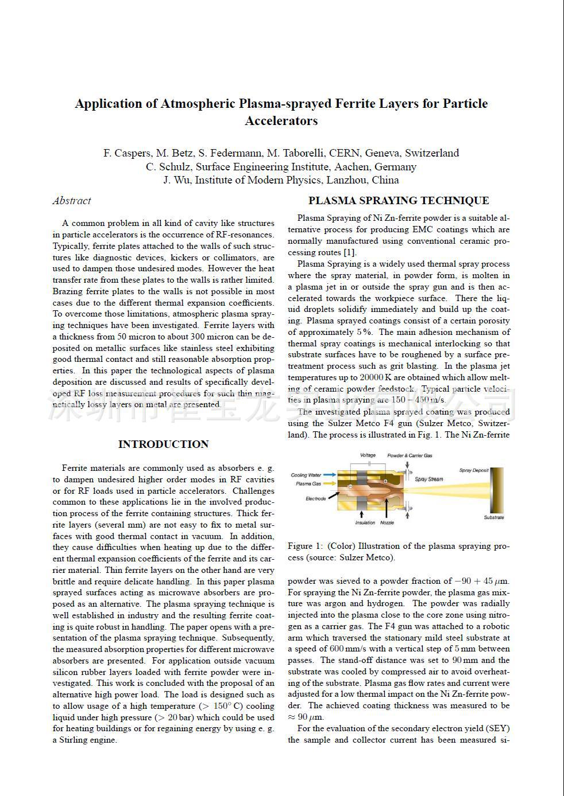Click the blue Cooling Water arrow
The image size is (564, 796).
pos(330,475)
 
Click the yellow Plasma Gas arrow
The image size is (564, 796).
pos(330,483)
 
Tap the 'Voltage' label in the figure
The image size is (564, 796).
pos(368,455)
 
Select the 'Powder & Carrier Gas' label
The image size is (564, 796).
pos(410,455)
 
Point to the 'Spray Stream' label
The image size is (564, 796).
pos(428,479)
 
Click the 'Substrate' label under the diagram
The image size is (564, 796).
pos(493,517)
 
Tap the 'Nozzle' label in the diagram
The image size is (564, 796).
pos(387,522)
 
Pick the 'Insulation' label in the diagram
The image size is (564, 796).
pos(365,522)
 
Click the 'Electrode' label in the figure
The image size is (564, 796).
pos(315,498)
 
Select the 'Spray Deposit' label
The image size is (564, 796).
pos(473,470)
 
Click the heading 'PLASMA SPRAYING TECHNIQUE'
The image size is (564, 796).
pos(399,201)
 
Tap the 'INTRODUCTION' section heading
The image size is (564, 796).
pos(163,444)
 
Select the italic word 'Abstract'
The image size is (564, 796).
pos(72,201)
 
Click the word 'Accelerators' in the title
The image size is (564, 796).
pos(281,121)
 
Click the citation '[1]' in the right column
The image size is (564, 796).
pos(350,252)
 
